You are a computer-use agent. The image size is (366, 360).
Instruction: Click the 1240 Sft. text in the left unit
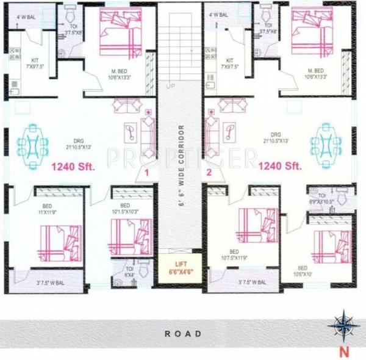[x=72, y=166]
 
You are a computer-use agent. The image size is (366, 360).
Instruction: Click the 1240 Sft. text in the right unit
[x=281, y=165]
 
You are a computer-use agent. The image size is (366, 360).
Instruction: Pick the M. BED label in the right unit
[x=315, y=73]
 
